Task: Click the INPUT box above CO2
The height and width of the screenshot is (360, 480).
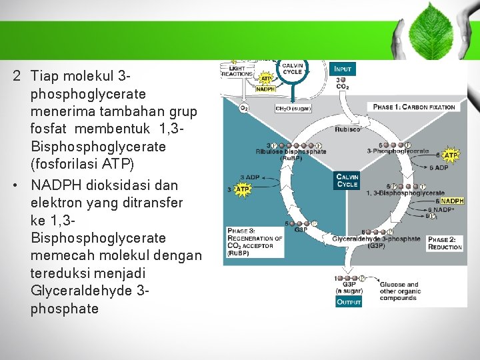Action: point(343,69)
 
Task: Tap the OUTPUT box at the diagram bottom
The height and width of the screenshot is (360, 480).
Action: point(349,301)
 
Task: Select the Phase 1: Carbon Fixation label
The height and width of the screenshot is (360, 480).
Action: point(414,107)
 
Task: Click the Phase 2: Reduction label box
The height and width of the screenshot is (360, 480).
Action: point(445,243)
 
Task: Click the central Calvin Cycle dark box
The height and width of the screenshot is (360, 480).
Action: point(347,181)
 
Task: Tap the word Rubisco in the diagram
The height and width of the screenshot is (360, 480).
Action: point(347,129)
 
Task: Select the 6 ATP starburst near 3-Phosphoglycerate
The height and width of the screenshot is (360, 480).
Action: point(451,155)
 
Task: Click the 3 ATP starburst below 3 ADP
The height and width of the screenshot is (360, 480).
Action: point(242,189)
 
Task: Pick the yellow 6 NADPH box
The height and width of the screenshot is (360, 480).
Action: point(451,201)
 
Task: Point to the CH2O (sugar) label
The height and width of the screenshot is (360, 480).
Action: point(293,108)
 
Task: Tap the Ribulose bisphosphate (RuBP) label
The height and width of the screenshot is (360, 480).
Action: point(291,154)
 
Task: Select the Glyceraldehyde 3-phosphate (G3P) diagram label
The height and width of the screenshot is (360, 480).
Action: point(376,241)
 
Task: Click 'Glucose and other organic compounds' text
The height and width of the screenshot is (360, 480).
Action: point(399,291)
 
